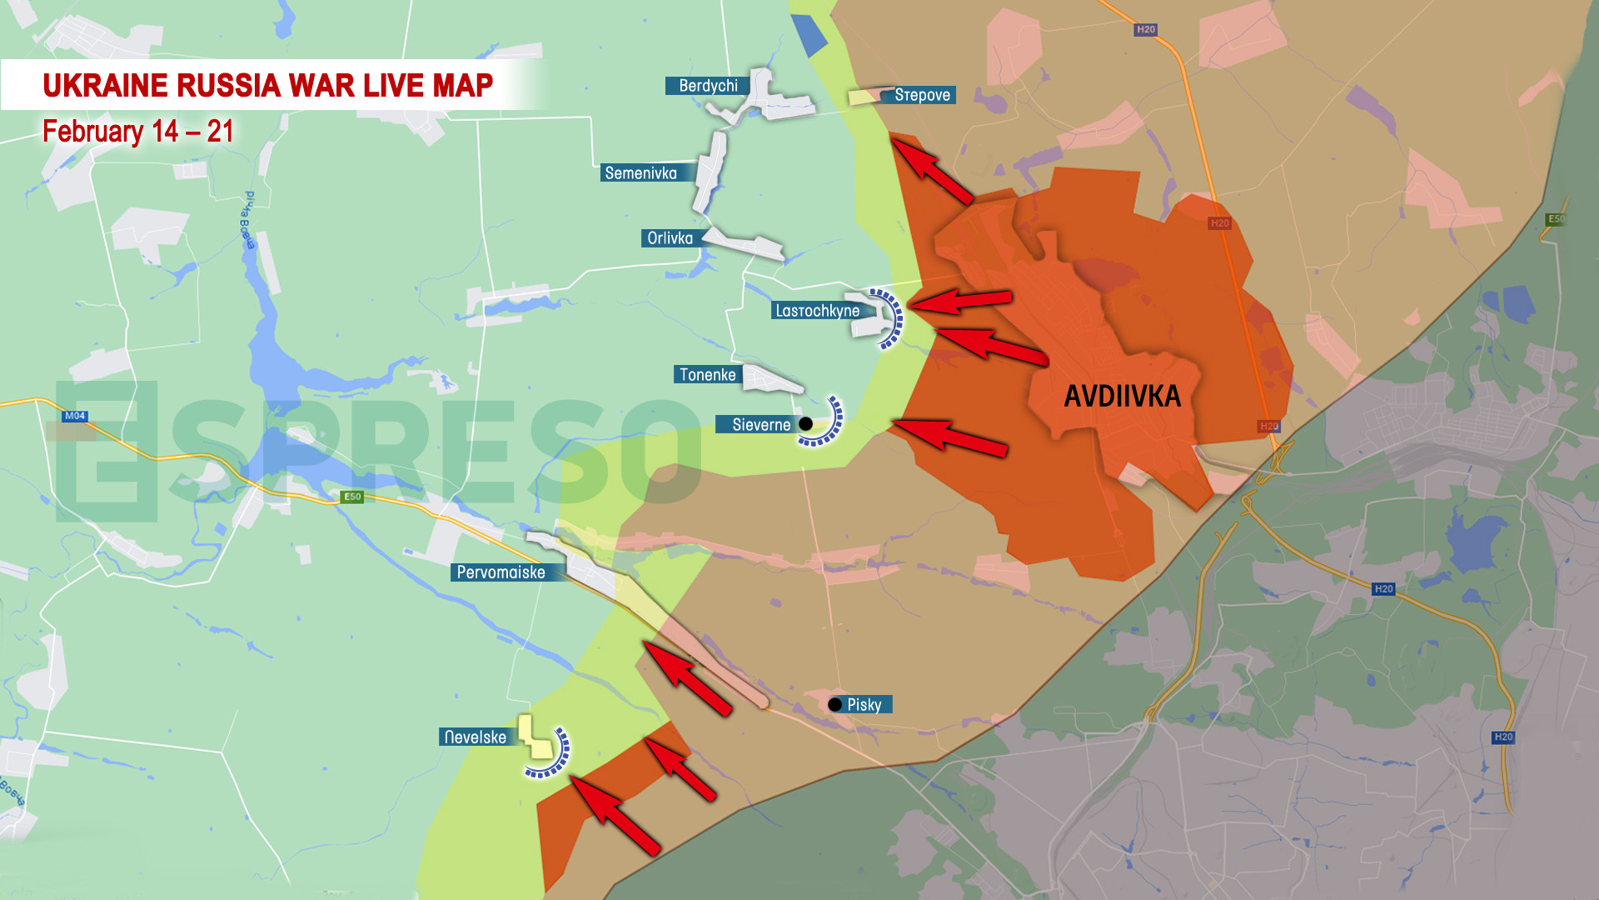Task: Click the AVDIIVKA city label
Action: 1122,396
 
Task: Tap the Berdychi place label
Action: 707,86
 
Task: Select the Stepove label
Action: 921,95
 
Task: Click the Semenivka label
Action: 640,173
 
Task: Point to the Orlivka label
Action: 670,238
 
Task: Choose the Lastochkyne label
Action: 817,311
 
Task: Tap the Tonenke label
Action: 707,375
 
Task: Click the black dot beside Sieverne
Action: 805,424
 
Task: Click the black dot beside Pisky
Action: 834,705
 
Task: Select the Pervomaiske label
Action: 501,572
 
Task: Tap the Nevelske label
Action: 475,737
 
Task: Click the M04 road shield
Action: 75,416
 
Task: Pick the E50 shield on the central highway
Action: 352,497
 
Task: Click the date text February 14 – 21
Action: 138,132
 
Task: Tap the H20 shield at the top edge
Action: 1146,29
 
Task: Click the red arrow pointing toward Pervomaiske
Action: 686,677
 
